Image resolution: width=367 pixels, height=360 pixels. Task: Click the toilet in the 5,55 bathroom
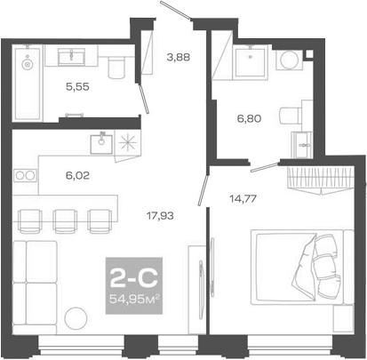click(113, 69)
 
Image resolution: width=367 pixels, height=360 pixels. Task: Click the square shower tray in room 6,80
click(250, 61)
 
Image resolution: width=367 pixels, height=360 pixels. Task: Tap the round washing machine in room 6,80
click(288, 60)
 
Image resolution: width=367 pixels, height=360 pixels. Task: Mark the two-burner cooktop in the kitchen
click(25, 176)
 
